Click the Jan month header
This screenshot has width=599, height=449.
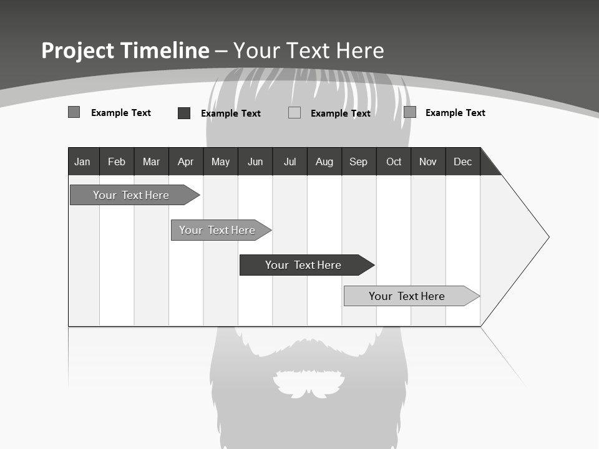point(82,162)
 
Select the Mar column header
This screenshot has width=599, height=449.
point(151,162)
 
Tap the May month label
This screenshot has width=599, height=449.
point(220,162)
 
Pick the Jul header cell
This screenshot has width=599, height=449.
point(290,162)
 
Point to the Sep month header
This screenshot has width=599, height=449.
point(358,162)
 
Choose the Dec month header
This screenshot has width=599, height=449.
point(462,162)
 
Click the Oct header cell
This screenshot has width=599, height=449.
point(394,162)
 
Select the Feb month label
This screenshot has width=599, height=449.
point(117,162)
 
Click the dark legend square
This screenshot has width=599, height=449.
point(184,113)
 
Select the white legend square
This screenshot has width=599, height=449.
point(295,113)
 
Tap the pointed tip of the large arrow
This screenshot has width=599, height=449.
point(547,237)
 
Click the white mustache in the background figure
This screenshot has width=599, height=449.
point(309,383)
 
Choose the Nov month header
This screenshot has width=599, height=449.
point(428,162)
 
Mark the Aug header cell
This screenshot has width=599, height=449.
point(324,162)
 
